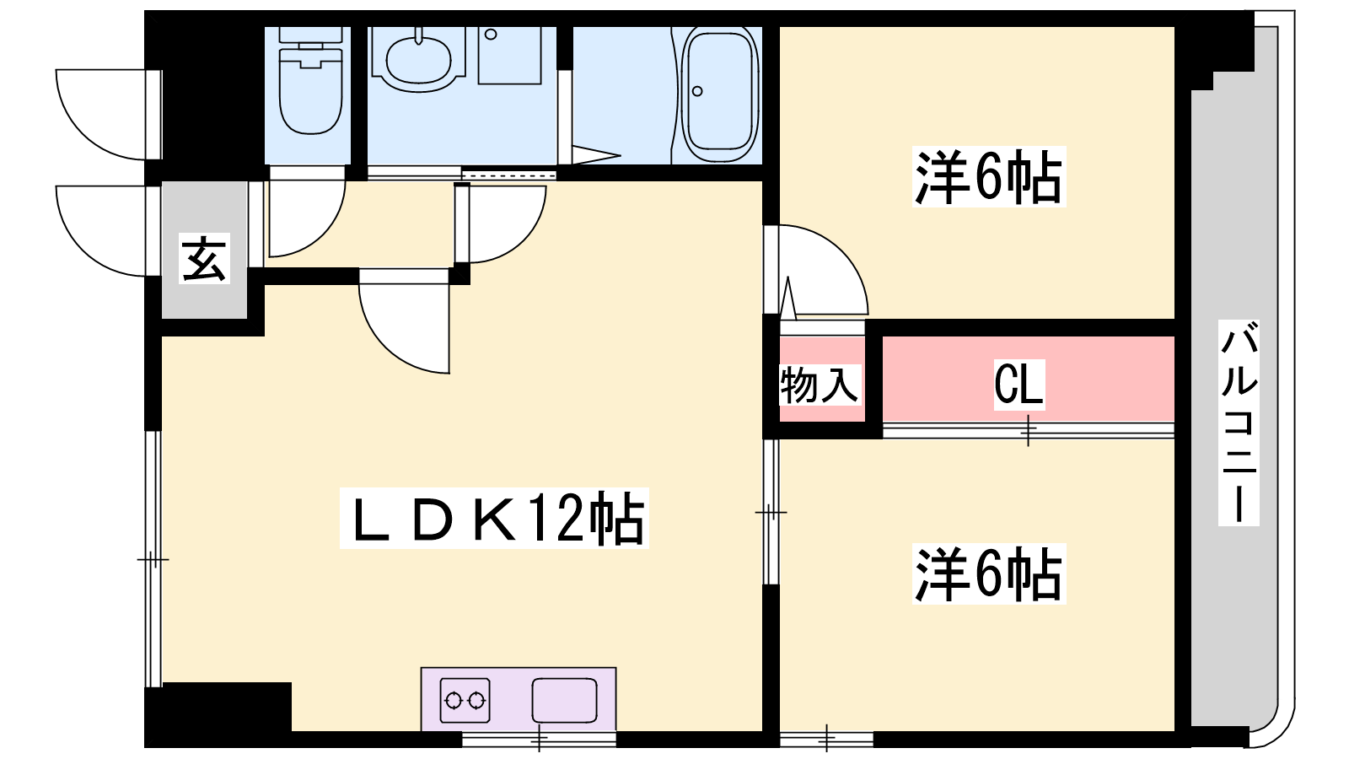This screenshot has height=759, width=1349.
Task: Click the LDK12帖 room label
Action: pyautogui.click(x=494, y=518)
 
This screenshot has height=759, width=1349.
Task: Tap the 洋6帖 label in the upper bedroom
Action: pyautogui.click(x=989, y=176)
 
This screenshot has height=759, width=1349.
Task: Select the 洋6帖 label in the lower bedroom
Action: pyautogui.click(x=989, y=573)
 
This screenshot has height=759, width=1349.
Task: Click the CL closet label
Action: pyautogui.click(x=1018, y=385)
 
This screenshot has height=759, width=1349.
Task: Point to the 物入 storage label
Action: pyautogui.click(x=820, y=385)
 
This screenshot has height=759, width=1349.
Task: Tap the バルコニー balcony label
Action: pyautogui.click(x=1239, y=422)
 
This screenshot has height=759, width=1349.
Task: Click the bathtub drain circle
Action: pyautogui.click(x=697, y=92)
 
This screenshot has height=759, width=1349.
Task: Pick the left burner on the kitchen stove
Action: pyautogui.click(x=454, y=701)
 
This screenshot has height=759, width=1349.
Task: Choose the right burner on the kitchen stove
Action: pyautogui.click(x=476, y=701)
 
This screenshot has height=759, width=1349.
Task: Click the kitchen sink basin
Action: pyautogui.click(x=564, y=700)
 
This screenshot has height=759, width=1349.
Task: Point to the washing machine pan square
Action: pyautogui.click(x=509, y=56)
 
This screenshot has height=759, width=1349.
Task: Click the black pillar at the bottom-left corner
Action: pyautogui.click(x=218, y=714)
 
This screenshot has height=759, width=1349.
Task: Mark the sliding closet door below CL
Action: pyautogui.click(x=1029, y=430)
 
